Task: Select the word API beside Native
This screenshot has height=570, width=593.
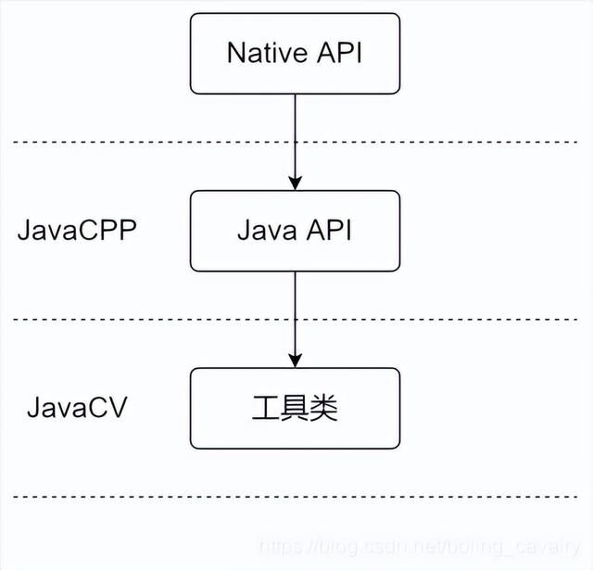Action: (x=337, y=52)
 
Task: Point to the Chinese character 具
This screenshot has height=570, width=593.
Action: (x=295, y=408)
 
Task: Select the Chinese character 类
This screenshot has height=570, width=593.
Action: (x=324, y=408)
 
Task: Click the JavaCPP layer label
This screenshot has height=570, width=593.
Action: (x=77, y=231)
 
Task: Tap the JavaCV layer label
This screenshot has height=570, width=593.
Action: (x=77, y=408)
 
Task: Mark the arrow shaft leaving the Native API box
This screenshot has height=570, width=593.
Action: (x=295, y=130)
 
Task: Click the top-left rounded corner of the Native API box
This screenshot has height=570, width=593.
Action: (x=194, y=18)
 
